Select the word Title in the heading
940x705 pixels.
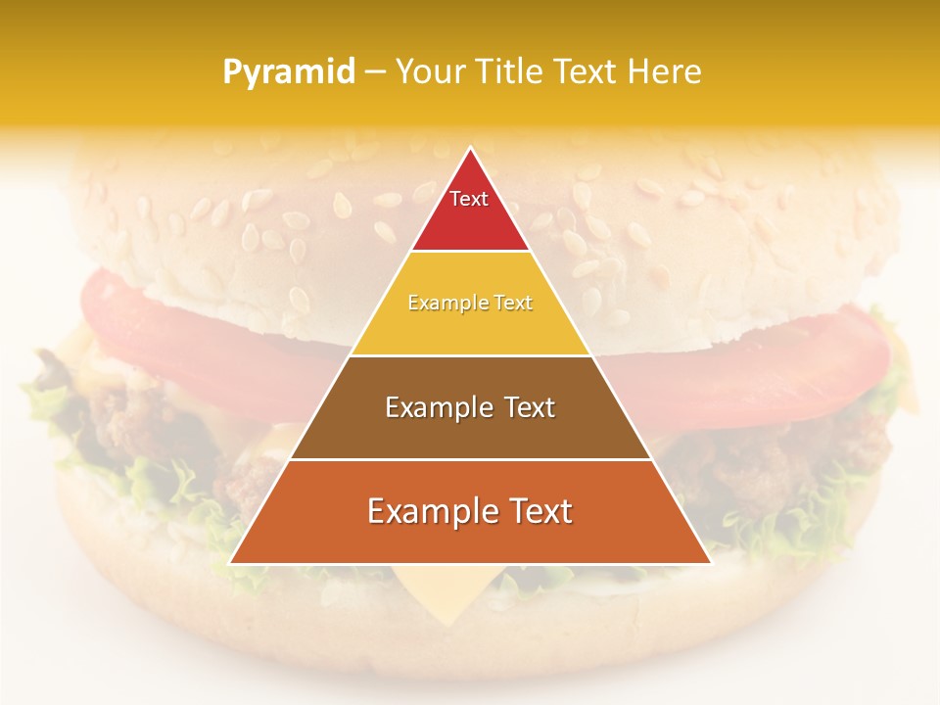[x=511, y=72]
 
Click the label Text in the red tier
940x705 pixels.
[x=469, y=199]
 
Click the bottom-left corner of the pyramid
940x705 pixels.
[x=231, y=563]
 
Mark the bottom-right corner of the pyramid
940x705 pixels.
[x=710, y=563]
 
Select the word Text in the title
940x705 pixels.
[x=584, y=72]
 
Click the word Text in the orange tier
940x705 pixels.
[x=533, y=511]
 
